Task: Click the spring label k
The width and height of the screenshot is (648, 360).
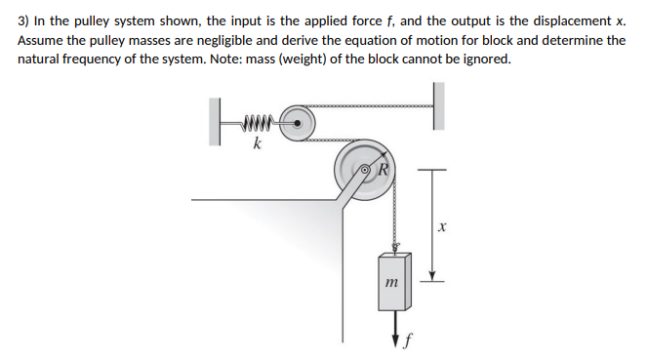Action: coord(256,146)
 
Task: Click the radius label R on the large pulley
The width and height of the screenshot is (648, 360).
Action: coord(384,167)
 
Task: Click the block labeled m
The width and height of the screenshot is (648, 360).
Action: coord(396,280)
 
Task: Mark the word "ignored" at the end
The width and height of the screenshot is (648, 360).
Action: coord(483,59)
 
